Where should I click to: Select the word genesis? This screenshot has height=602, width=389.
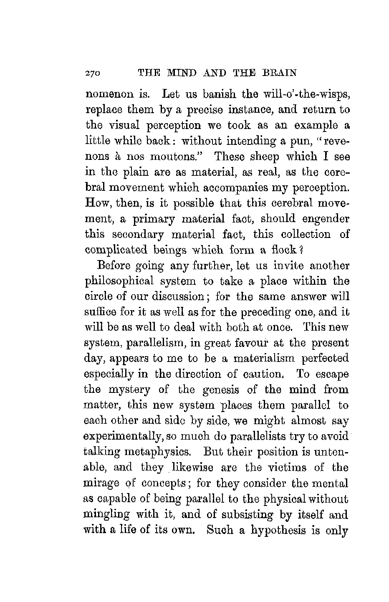[x=220, y=390]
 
